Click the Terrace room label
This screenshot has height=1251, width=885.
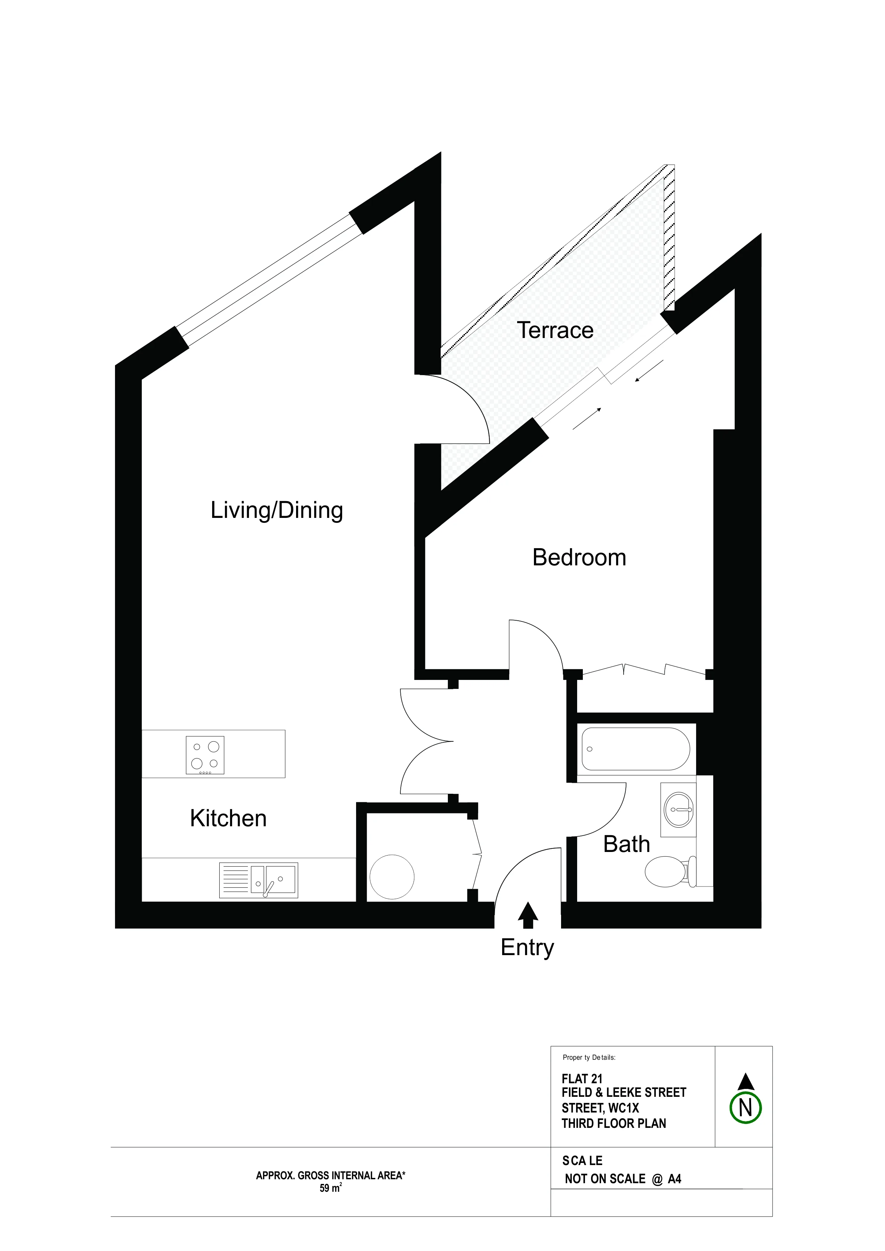coord(555,330)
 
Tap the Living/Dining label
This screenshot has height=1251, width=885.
coord(277,510)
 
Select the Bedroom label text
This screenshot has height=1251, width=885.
coord(579,558)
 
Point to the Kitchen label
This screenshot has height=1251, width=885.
coord(229,818)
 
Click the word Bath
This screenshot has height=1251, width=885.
coord(626,844)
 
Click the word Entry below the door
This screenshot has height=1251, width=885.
coord(527,948)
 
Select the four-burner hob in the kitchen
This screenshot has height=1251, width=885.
coord(205,755)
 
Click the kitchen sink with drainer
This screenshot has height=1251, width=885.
coord(259,880)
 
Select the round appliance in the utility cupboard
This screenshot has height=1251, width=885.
coord(392,877)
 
